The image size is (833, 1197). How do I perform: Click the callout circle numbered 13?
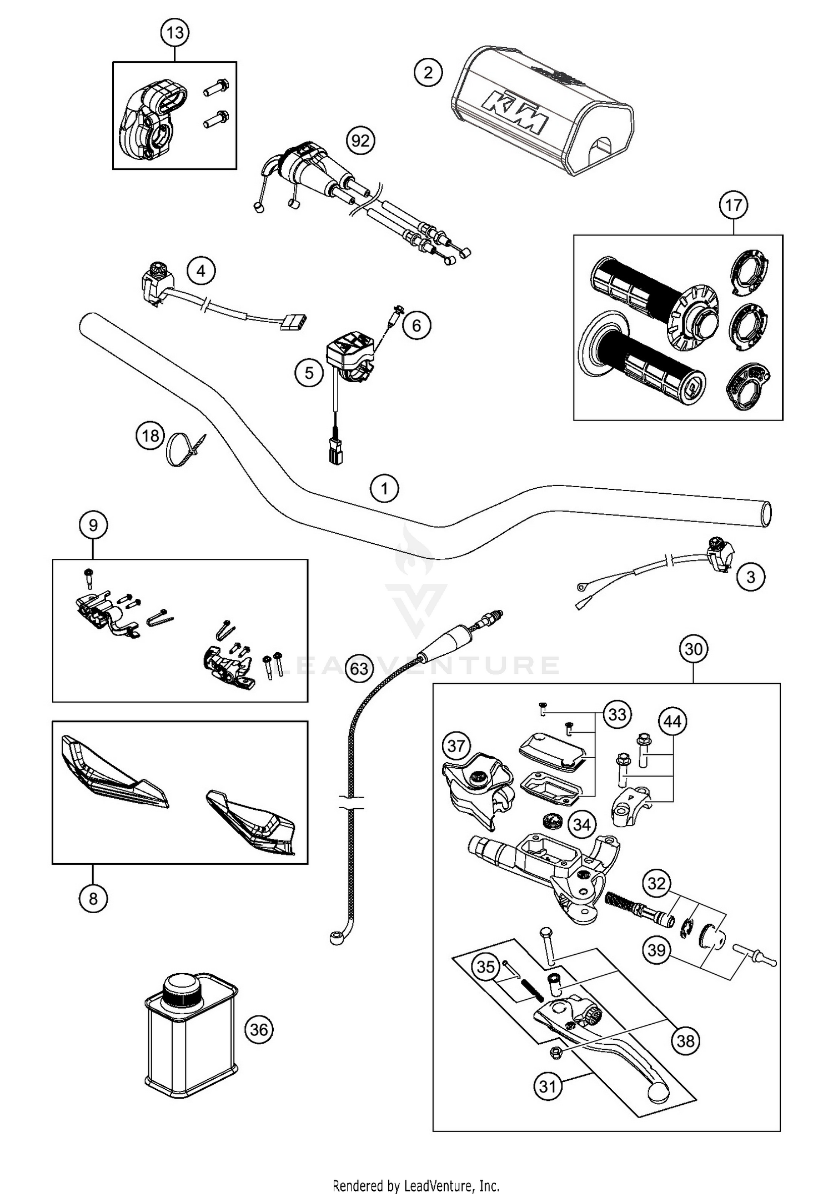pyautogui.click(x=175, y=33)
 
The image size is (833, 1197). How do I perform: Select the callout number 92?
pyautogui.click(x=360, y=141)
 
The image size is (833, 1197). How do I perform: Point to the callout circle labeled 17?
pyautogui.click(x=733, y=206)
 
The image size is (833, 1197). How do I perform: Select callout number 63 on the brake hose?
pyautogui.click(x=359, y=668)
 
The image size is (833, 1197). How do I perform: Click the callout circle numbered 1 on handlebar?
pyautogui.click(x=384, y=489)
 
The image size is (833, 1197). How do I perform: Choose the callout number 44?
pyautogui.click(x=673, y=722)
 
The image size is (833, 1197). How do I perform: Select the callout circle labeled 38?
pyautogui.click(x=686, y=1040)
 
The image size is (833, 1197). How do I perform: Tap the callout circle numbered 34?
pyautogui.click(x=581, y=825)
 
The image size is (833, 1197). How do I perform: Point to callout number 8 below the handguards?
pyautogui.click(x=93, y=898)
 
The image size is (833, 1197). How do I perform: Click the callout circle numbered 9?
pyautogui.click(x=93, y=525)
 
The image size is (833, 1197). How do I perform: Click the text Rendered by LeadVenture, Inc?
pyautogui.click(x=416, y=1186)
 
